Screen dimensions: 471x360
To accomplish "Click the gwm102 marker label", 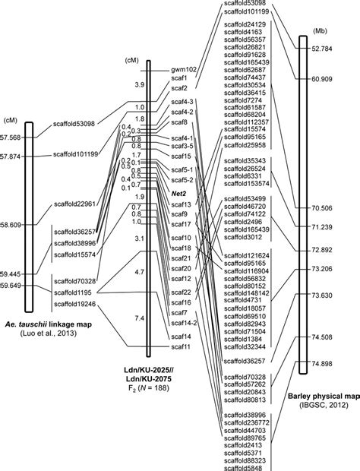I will coord(185,69).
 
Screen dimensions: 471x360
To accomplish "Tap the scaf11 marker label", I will coord(180,346).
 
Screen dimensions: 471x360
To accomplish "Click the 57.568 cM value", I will coord(12,137).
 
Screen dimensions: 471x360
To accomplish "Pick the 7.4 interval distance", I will coord(137,317).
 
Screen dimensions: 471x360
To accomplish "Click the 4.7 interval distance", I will coord(137,270).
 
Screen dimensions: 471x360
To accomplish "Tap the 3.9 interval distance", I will coord(137,85).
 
